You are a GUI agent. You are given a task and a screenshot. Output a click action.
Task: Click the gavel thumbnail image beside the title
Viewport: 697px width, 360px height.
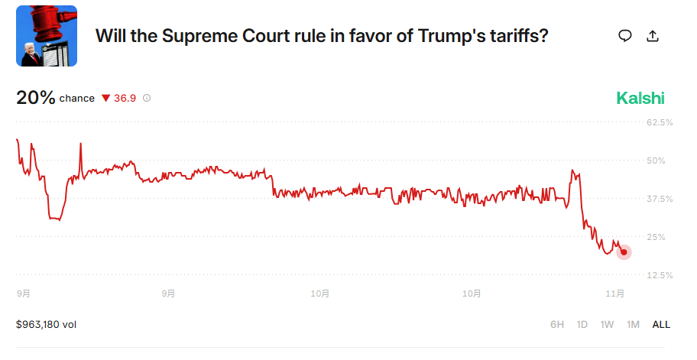point(47,36)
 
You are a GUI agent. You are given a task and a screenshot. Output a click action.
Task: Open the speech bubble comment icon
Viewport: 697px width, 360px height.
point(625,36)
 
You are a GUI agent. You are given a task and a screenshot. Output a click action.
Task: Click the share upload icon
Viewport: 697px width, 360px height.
point(653,36)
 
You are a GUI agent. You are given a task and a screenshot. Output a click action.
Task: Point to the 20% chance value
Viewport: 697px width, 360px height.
point(36,98)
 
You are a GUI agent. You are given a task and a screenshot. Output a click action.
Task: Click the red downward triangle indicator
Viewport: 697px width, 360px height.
point(105,99)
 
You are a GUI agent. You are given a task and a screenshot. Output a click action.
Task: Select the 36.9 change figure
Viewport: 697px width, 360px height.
point(125,99)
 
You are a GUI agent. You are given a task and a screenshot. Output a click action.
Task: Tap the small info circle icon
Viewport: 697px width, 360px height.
point(147,99)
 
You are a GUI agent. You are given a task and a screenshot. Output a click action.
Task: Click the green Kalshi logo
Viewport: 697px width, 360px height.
point(640,98)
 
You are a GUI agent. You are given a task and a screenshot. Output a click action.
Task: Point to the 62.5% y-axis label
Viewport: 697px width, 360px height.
point(660,122)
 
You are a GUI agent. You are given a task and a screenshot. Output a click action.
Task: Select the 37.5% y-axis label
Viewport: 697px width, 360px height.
point(660,199)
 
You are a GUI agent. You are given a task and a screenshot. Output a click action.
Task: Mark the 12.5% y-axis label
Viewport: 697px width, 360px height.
point(660,274)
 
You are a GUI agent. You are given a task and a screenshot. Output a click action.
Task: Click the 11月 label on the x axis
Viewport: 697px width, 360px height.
point(615,293)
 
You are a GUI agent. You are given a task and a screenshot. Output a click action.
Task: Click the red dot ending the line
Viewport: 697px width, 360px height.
point(624,252)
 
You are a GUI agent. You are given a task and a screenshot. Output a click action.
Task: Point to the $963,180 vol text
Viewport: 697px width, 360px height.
point(46,324)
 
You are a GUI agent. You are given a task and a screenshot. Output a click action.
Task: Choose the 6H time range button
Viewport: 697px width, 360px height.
point(557,324)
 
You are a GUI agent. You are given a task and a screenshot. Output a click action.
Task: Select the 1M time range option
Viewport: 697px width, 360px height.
point(633,324)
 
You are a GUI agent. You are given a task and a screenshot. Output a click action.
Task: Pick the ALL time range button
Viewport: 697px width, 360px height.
point(660,324)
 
